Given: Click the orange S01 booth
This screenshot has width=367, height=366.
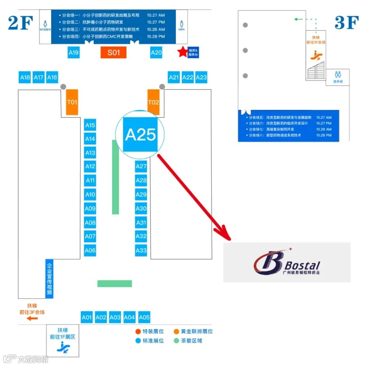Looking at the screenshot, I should coord(113,53).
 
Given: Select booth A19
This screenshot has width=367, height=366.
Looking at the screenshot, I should coord(73,53).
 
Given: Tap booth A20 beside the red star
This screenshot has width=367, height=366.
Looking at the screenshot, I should coord(156,53).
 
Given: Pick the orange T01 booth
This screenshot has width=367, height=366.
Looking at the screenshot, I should coord(72,102).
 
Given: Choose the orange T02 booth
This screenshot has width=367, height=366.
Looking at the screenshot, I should coord(153,102).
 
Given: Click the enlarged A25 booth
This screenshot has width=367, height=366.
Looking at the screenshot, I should coord(141,134).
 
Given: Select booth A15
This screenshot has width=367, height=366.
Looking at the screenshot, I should coord(90,125).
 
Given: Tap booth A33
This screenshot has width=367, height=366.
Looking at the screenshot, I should coord(141,250).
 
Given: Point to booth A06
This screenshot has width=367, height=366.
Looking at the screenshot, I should coord(90,250).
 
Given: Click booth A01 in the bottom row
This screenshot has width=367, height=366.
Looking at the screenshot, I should coord(86,317).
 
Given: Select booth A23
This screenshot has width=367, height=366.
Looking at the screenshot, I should coord(201,77).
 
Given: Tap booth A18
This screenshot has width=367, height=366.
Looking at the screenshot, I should coord(25,77).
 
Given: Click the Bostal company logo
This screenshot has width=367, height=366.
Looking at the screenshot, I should coord(286,262).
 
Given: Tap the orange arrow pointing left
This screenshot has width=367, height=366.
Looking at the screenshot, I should coord(32,318).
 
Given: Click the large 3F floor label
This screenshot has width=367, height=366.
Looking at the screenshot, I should coord(346,23).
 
